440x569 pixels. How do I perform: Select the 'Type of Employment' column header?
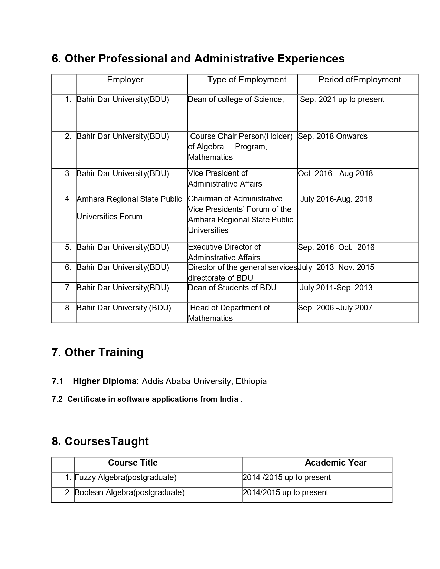(x=247, y=80)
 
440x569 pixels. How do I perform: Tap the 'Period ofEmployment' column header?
(x=360, y=80)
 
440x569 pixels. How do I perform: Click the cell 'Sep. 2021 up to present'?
(x=342, y=99)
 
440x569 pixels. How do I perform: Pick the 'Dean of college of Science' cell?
(x=236, y=99)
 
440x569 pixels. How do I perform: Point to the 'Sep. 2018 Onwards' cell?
(x=333, y=136)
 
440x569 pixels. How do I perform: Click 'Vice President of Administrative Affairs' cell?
(x=225, y=178)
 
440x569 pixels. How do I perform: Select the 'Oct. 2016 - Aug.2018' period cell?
(x=335, y=173)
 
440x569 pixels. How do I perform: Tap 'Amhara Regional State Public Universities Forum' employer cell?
(x=129, y=208)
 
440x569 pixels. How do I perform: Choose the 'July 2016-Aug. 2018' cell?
(x=336, y=199)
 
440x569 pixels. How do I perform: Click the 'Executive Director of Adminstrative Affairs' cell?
(x=224, y=252)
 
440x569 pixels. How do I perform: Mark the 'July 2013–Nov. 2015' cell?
(x=336, y=267)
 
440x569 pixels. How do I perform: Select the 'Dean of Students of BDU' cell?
(x=232, y=288)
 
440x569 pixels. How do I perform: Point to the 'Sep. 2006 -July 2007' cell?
(x=335, y=308)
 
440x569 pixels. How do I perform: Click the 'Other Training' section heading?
(x=98, y=352)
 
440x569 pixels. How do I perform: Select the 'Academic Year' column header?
(x=335, y=463)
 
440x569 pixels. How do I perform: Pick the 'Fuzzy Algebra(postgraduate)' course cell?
(x=126, y=477)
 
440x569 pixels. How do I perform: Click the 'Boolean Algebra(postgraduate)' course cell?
(x=129, y=492)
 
